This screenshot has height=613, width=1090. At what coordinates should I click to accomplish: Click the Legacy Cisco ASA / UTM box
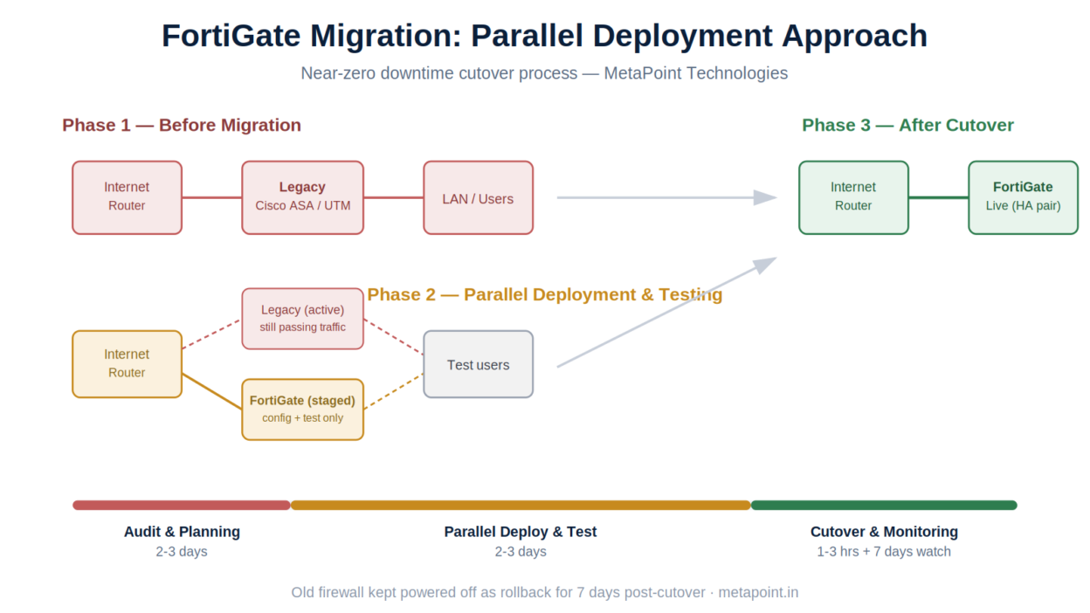tap(303, 198)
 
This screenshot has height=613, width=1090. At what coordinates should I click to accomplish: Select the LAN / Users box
tap(479, 198)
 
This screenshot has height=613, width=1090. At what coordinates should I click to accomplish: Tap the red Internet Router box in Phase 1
tap(127, 198)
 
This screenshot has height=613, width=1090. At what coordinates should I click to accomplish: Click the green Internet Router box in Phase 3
tap(853, 198)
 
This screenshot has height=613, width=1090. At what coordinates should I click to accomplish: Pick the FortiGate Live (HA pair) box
tap(1024, 198)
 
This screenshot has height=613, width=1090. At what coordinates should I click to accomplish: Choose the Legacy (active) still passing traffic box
tap(303, 319)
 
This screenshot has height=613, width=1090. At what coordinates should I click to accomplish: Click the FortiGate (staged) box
tap(303, 410)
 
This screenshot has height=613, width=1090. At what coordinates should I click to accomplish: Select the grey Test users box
tap(479, 364)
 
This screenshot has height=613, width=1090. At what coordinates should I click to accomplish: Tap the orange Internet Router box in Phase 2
tap(127, 364)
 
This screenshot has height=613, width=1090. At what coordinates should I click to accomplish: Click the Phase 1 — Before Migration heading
tap(182, 125)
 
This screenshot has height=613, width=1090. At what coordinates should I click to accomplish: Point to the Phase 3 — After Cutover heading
tap(908, 125)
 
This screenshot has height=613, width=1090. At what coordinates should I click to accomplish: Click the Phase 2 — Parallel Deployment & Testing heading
tap(544, 294)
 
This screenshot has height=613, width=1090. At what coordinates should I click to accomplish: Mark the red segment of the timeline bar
tap(182, 506)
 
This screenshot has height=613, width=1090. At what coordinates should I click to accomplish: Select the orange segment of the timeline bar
tap(521, 506)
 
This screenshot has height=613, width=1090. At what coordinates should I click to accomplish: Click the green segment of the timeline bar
tap(884, 506)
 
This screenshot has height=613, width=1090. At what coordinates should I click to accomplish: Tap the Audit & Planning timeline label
tap(182, 532)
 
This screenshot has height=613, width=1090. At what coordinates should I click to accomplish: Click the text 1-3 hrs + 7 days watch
tap(884, 552)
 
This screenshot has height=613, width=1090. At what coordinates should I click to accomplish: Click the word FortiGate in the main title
tap(231, 36)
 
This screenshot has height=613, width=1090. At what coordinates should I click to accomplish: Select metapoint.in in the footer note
tap(758, 593)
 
